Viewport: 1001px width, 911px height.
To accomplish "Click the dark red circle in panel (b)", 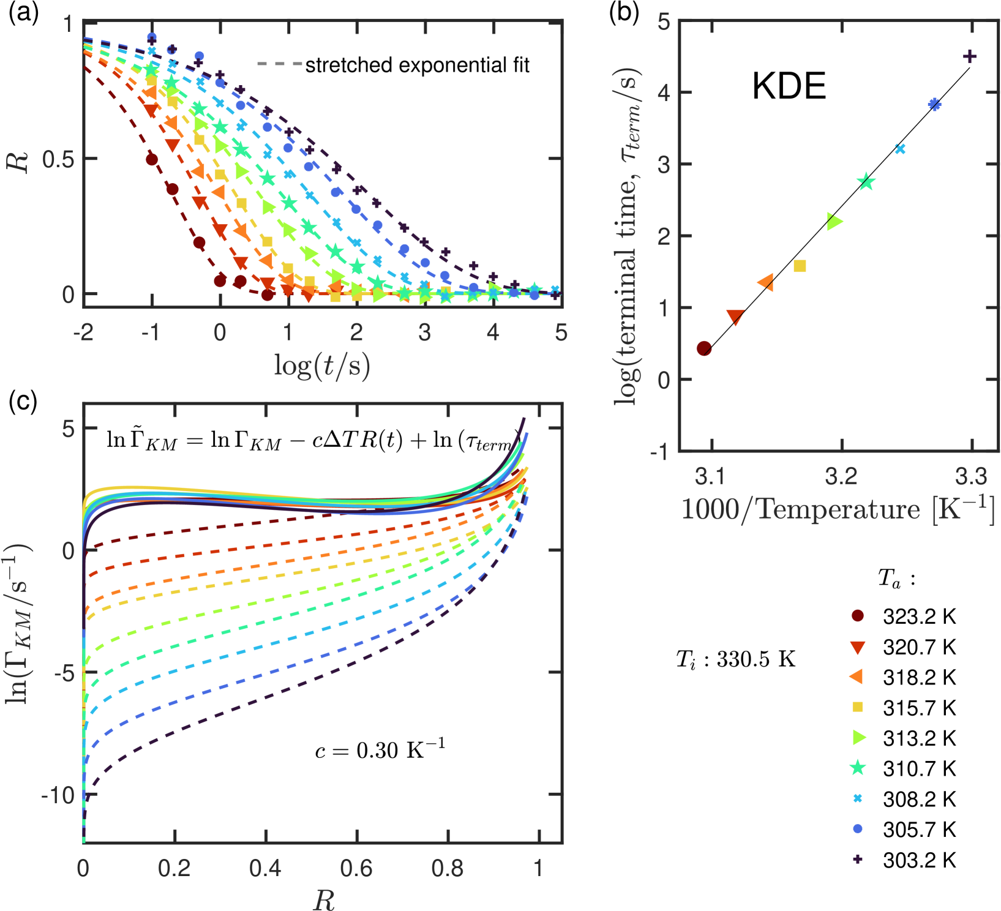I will tap(704, 348).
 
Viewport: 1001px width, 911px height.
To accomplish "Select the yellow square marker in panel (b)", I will tap(800, 266).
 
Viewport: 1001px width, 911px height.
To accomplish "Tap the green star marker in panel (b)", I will tap(866, 182).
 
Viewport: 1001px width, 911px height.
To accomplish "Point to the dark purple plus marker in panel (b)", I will tap(970, 56).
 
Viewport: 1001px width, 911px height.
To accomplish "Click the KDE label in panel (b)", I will tap(789, 86).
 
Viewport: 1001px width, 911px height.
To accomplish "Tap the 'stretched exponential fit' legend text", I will tap(417, 65).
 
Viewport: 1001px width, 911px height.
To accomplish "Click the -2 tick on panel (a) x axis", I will tap(83, 332).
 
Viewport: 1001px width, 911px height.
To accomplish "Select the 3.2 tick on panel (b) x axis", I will tap(841, 476).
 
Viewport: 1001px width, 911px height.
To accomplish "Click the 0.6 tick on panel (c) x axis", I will tap(356, 868).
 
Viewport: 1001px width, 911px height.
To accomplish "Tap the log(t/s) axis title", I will tap(322, 366).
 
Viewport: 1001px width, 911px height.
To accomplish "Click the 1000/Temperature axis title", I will tap(838, 509).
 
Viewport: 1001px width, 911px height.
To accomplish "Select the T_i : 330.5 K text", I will tap(735, 659).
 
